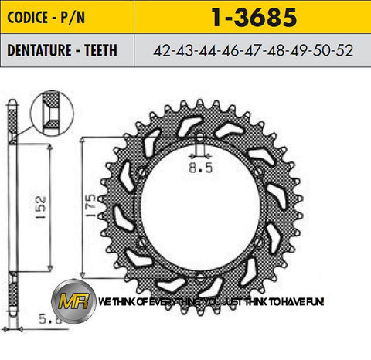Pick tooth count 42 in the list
163,50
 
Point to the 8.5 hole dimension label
200,164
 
